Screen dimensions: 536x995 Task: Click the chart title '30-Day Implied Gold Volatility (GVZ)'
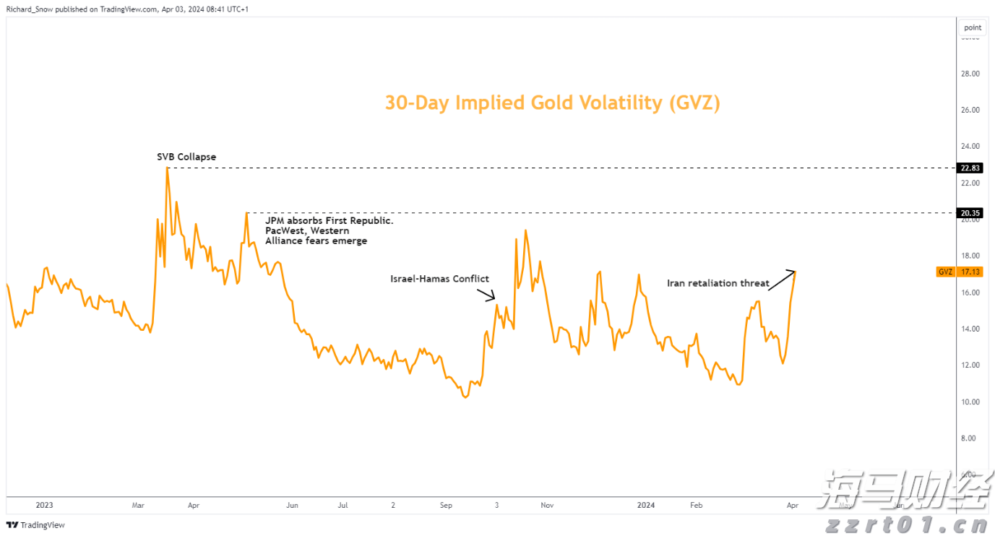click(x=552, y=103)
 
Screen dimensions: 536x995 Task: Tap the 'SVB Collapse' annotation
click(x=186, y=157)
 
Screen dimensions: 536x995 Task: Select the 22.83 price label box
click(x=970, y=168)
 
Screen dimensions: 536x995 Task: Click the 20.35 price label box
click(x=970, y=213)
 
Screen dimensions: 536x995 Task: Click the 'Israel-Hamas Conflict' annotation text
click(x=439, y=279)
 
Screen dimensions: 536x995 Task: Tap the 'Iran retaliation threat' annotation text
click(x=718, y=283)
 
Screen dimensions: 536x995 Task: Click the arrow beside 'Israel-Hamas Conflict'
click(x=486, y=294)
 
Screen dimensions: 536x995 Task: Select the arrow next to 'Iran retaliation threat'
click(x=781, y=281)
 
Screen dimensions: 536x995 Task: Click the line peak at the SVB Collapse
click(x=168, y=168)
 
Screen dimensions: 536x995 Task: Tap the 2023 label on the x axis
click(x=44, y=506)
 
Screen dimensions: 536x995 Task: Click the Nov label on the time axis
click(x=547, y=506)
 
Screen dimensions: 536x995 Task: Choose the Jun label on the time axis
click(x=292, y=506)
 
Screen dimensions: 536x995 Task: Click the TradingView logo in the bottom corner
click(x=36, y=525)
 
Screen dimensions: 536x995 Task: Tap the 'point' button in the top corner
click(x=973, y=27)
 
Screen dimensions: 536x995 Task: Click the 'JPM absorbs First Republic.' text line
click(x=329, y=220)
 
